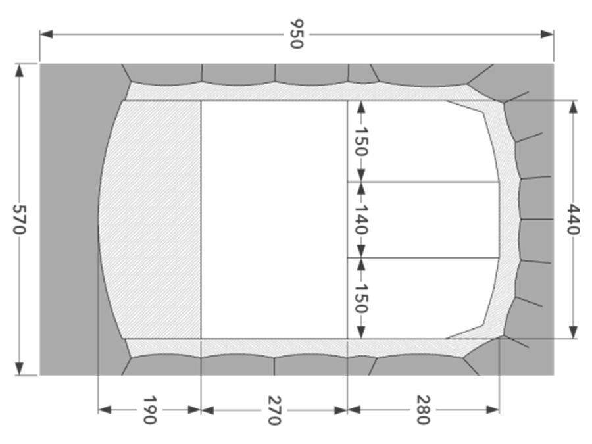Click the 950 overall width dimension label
[x=297, y=34]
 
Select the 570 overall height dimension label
[x=19, y=219]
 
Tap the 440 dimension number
[x=573, y=219]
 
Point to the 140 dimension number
[x=361, y=219]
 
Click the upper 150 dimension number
[x=361, y=141]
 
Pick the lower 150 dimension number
[x=361, y=298]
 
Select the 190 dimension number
[x=149, y=410]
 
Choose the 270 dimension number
[x=274, y=410]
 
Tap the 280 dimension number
[x=423, y=410]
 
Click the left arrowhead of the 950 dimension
[x=46, y=34]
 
